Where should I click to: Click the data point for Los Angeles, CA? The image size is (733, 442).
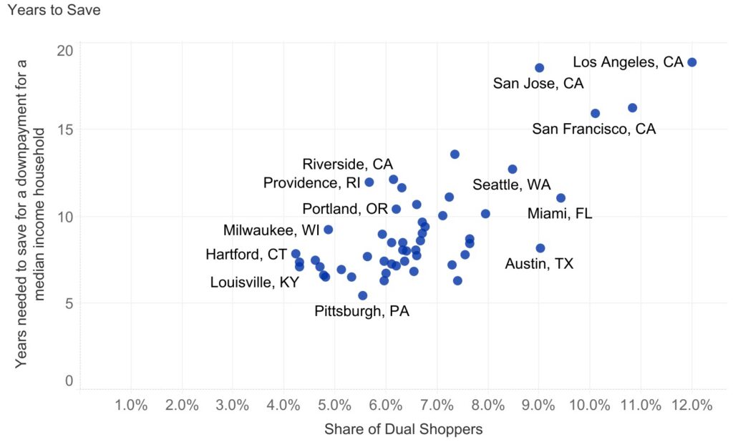[x=691, y=62]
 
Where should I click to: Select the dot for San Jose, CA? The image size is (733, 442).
[x=539, y=68]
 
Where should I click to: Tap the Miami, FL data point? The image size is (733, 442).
[x=560, y=198]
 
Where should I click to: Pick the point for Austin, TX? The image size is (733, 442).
[x=540, y=248]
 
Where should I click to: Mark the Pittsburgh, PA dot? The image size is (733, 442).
[x=362, y=295]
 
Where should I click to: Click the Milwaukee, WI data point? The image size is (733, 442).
[x=328, y=230]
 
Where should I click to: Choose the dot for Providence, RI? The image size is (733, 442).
[x=369, y=182]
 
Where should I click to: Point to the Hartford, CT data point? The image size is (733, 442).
[x=295, y=254]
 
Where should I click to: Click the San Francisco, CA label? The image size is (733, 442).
[x=593, y=129]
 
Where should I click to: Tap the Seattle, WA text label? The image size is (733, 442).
[x=511, y=185]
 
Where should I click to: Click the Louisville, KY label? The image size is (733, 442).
[x=254, y=283]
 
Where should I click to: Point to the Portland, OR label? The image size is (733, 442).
[x=345, y=210]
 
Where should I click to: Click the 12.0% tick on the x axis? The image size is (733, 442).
[x=691, y=406]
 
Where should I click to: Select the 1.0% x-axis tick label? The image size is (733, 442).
[x=131, y=406]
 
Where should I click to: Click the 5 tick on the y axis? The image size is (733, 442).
[x=69, y=303]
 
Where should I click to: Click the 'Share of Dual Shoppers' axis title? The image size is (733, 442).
[x=403, y=430]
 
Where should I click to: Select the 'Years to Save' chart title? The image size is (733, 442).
[x=54, y=10]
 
